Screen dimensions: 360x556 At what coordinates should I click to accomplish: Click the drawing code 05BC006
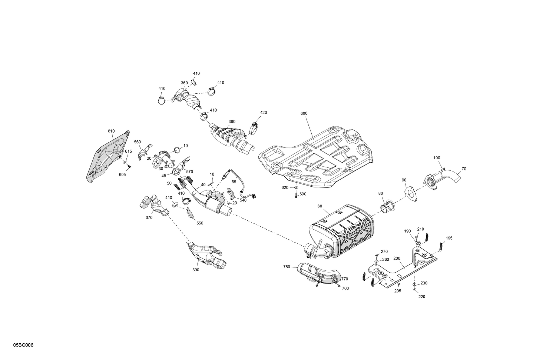pyautogui.click(x=23, y=345)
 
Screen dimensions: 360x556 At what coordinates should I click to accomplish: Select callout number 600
pyautogui.click(x=304, y=113)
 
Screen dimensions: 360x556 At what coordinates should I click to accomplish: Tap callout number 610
pyautogui.click(x=111, y=131)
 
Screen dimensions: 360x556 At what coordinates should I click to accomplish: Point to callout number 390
pyautogui.click(x=196, y=270)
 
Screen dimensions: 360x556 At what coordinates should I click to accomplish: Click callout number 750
pyautogui.click(x=287, y=267)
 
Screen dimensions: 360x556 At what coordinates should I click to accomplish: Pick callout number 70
pyautogui.click(x=464, y=169)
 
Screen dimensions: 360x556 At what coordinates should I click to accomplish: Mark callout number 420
pyautogui.click(x=263, y=113)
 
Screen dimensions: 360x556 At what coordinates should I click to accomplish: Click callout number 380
pyautogui.click(x=232, y=121)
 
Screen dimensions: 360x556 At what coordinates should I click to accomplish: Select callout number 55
pyautogui.click(x=234, y=182)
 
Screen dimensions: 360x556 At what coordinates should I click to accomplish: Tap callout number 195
pyautogui.click(x=449, y=238)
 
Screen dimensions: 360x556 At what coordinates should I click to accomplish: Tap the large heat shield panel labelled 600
pyautogui.click(x=315, y=156)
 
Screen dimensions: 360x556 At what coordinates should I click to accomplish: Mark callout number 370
pyautogui.click(x=149, y=218)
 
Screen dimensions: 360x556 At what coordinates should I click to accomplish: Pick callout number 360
pyautogui.click(x=184, y=83)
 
